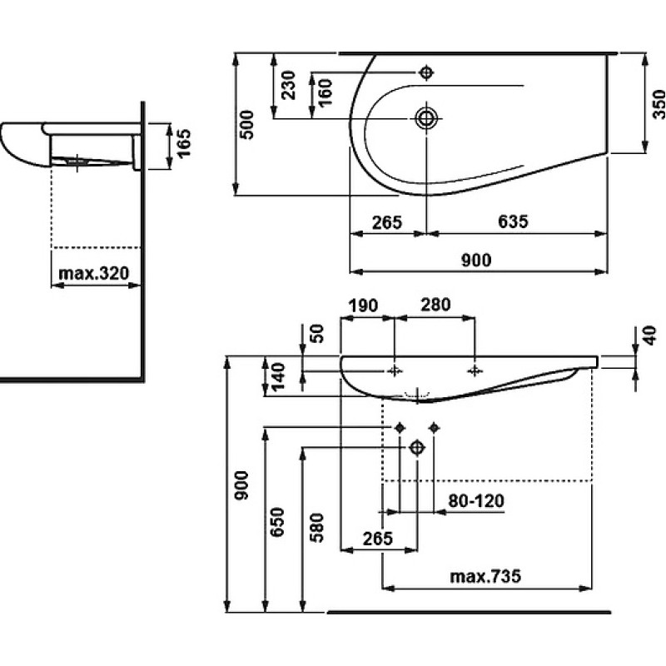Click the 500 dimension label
(247, 125)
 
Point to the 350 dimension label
(659, 104)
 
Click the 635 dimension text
(513, 221)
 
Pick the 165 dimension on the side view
(184, 144)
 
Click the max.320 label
(93, 273)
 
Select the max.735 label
(485, 576)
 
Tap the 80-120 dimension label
(476, 501)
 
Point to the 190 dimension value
(363, 306)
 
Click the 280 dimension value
(435, 305)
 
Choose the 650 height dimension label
(277, 522)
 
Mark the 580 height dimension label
(317, 528)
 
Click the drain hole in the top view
(426, 117)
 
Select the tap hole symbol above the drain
(426, 72)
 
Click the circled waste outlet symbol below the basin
(417, 447)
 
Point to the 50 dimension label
(317, 334)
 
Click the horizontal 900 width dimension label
(476, 260)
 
